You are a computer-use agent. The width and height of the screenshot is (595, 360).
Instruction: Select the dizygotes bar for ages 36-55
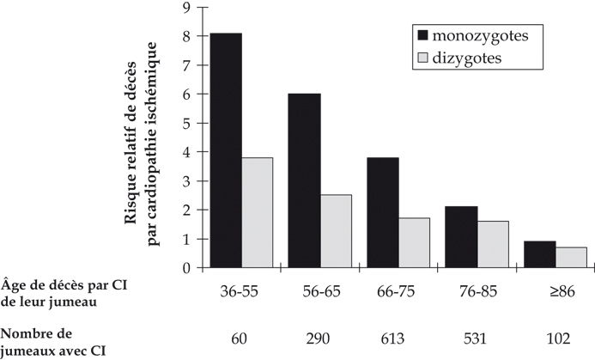[x=258, y=212]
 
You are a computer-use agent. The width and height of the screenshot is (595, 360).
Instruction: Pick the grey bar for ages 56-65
[x=336, y=230]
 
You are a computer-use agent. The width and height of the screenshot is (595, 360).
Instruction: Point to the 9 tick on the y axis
[x=185, y=8]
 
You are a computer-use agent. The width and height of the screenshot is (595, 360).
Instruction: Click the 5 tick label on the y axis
[x=185, y=123]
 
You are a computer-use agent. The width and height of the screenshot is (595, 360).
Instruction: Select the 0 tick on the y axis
[x=185, y=267]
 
